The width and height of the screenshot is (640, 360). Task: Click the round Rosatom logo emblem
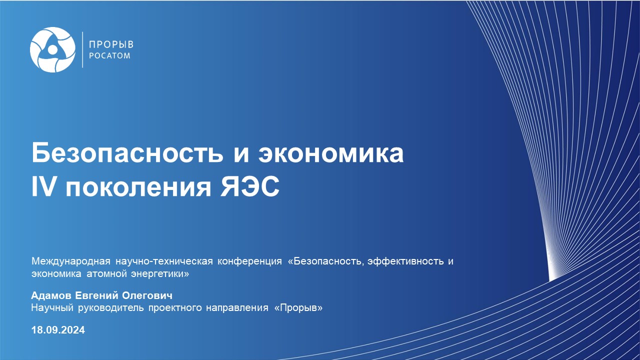coord(53,49)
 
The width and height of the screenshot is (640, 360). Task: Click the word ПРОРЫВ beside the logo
coord(111,44)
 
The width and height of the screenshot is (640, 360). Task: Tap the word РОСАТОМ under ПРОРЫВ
coord(109,55)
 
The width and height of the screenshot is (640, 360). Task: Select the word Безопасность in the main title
coord(127,153)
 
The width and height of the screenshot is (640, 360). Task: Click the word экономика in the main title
coord(331,153)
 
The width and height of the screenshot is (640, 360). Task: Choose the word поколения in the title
coord(138,188)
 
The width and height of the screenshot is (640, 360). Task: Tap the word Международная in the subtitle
coord(71,261)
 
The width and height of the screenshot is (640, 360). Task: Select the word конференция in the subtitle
coord(249,261)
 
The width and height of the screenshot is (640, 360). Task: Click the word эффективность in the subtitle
coord(405,261)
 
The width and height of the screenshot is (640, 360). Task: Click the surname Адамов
coord(51,295)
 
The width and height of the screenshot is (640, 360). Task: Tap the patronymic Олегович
coord(147,295)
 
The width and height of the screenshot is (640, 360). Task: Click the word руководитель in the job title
coord(111,308)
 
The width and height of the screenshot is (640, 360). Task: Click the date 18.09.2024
coord(58,330)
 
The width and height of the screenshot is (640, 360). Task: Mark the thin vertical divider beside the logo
coord(82,49)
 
